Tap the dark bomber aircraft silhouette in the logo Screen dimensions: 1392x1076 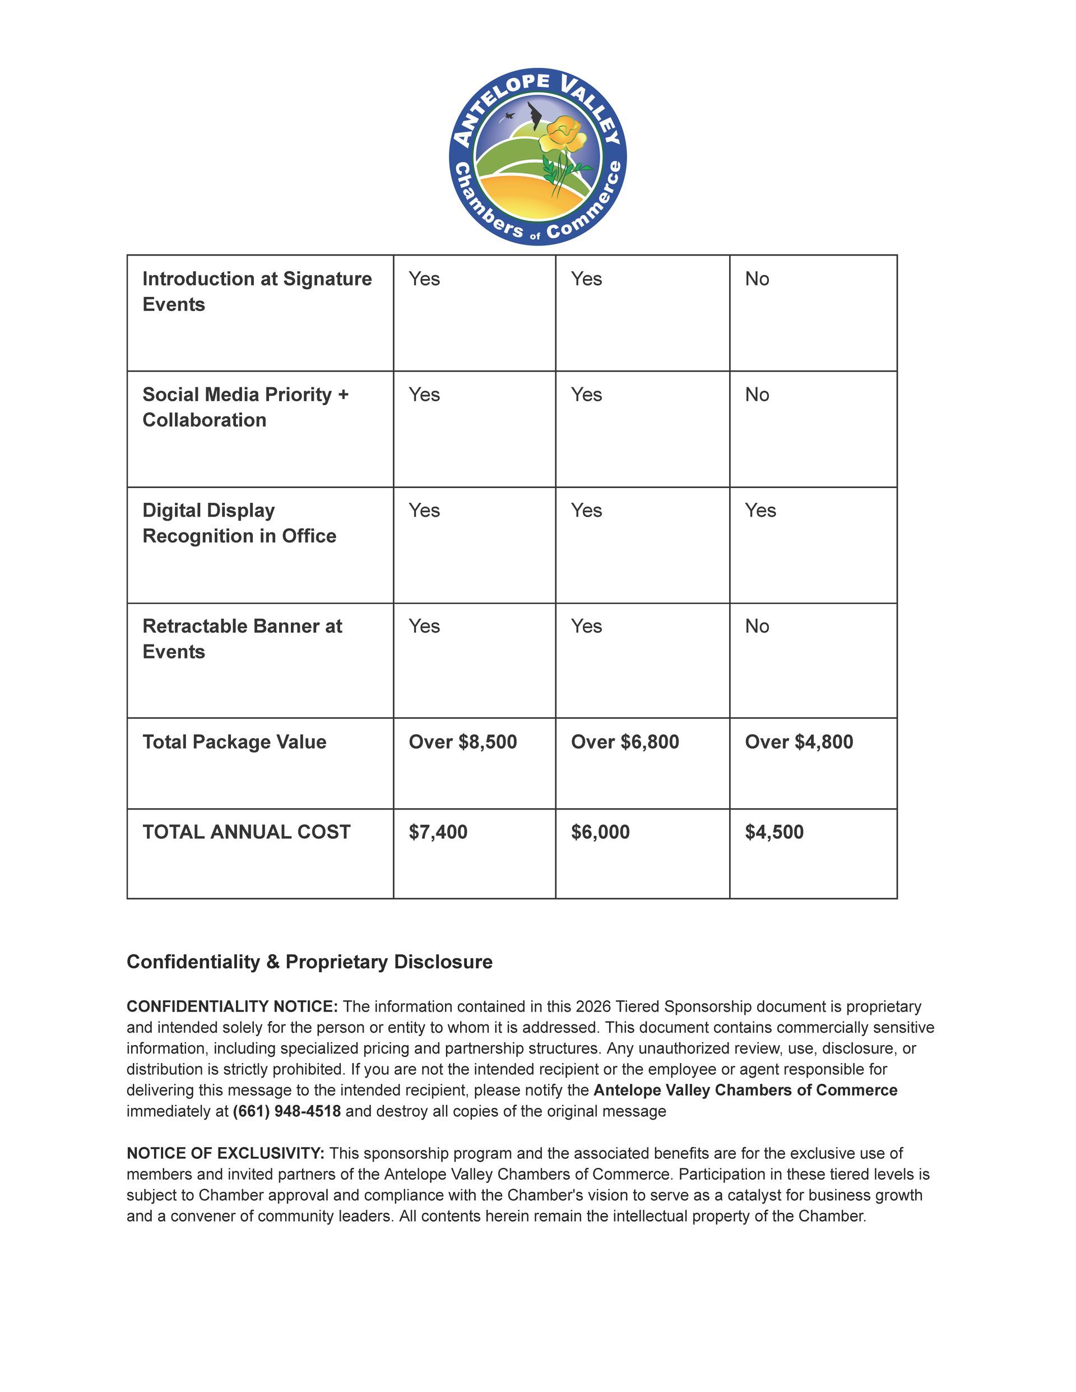tap(534, 117)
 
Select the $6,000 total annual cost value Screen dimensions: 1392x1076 tap(600, 832)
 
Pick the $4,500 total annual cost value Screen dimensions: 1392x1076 tap(774, 832)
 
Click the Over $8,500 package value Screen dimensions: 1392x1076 tap(463, 742)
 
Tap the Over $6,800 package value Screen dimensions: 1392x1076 tap(625, 742)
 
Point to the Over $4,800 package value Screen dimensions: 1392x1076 tap(799, 742)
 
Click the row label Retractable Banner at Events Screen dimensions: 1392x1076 tap(242, 639)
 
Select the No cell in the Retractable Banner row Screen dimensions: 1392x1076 tap(757, 627)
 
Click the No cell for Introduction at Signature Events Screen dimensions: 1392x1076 tap(757, 279)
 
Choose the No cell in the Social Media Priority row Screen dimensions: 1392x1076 tap(757, 395)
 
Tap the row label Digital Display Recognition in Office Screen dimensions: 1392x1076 tap(239, 523)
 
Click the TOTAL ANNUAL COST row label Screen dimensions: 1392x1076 tap(246, 832)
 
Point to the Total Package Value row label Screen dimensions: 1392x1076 tap(234, 742)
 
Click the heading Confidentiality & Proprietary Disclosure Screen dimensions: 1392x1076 tap(309, 962)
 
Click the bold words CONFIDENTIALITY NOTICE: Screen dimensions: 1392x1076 tap(232, 1006)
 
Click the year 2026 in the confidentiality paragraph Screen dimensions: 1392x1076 tap(593, 1006)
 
